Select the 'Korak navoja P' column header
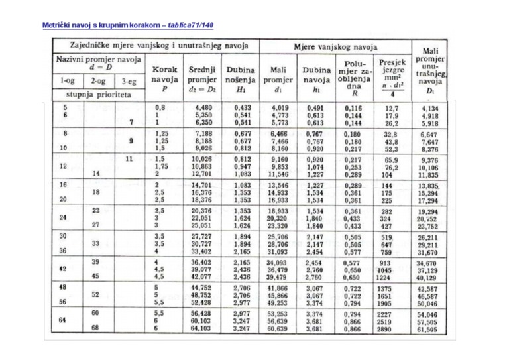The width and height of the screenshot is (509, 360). pos(163,78)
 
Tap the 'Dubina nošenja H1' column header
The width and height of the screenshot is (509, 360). pos(242,78)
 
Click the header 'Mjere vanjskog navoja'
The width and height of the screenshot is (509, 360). pos(335,46)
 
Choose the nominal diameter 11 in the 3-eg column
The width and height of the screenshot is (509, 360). pos(130,159)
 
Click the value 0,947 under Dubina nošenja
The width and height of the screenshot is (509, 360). pos(242,166)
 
